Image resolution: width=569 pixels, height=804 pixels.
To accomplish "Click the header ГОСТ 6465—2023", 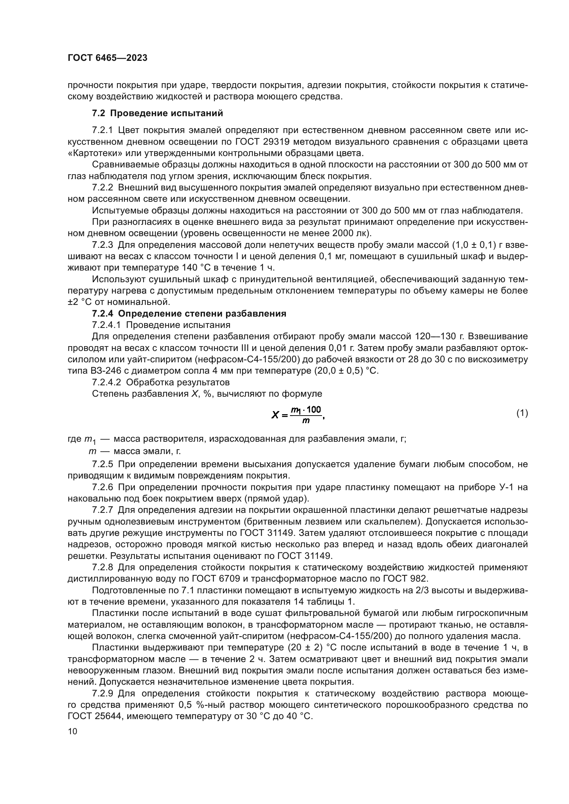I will tap(107, 58).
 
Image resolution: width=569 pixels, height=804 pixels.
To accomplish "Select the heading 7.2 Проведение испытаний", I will tap(157, 113).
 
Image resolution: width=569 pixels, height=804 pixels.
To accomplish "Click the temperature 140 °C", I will tap(197, 267).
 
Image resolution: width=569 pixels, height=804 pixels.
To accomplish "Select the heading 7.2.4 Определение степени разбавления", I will tap(189, 313).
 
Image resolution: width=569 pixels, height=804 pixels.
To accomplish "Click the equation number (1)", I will tap(522, 413).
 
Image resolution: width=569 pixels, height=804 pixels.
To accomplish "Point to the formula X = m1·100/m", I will tap(298, 415).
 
